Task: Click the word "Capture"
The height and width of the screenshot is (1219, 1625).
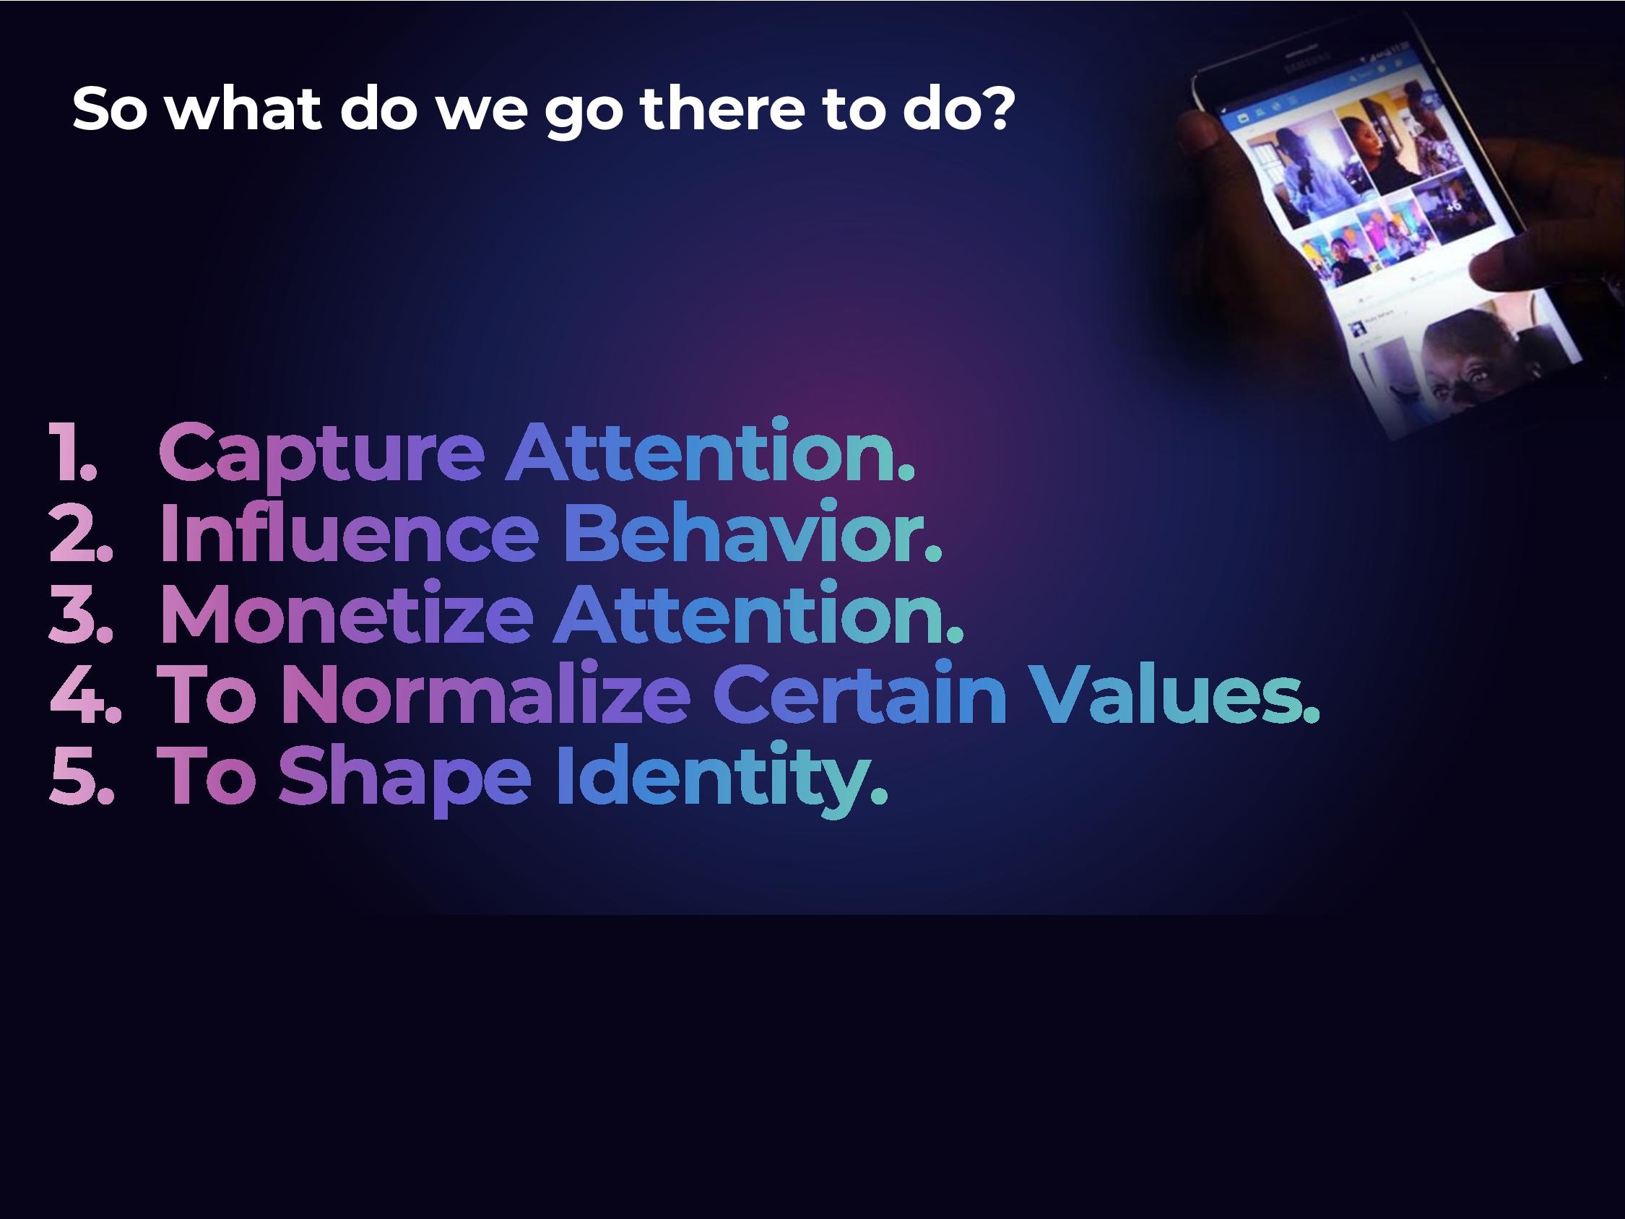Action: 321,454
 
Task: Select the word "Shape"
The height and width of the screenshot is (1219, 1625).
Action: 404,779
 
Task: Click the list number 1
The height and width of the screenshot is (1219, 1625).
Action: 73,451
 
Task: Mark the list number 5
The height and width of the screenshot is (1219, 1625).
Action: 82,774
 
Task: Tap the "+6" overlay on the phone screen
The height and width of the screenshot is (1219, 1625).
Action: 1453,207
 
